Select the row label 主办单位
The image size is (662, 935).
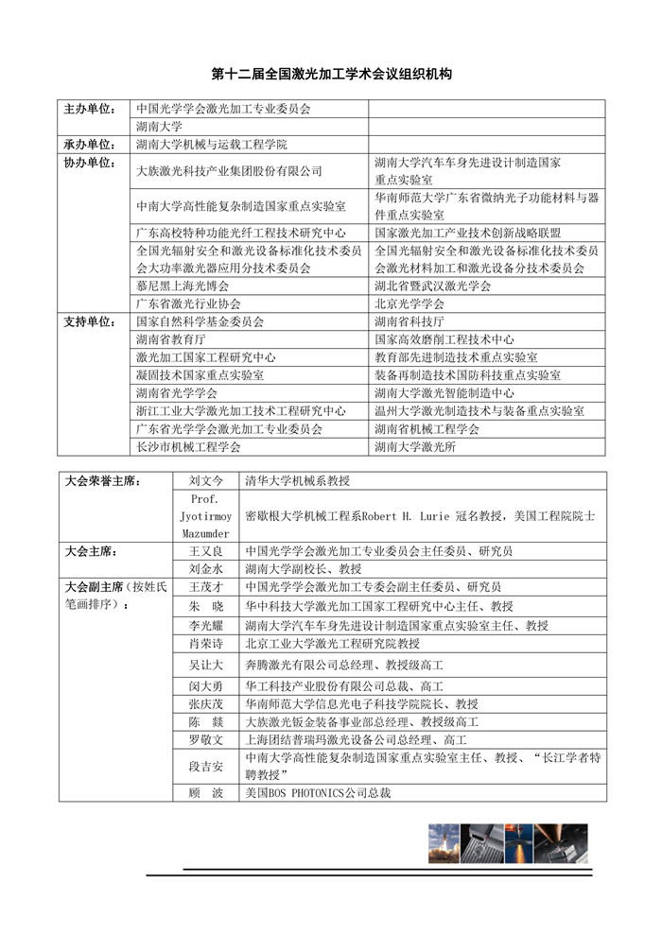coord(88,109)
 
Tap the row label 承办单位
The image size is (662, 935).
coord(88,145)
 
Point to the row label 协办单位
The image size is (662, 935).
coord(88,163)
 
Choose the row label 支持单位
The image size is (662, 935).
coord(88,321)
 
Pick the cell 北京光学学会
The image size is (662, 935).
coord(409,304)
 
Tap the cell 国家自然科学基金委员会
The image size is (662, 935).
coord(200,321)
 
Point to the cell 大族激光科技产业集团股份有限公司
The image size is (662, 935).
coord(229,171)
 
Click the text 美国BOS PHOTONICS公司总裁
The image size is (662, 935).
coord(318,792)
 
